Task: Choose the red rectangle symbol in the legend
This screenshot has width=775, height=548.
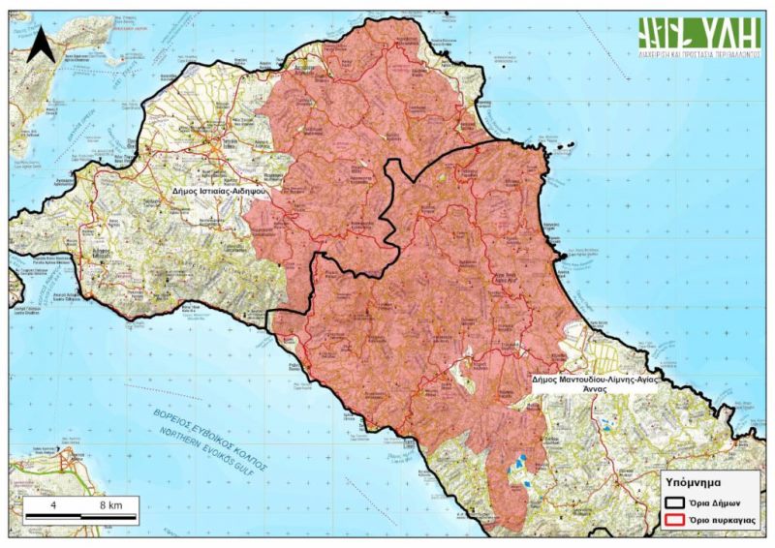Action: point(675,521)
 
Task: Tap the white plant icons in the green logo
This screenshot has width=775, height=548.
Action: point(666,34)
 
